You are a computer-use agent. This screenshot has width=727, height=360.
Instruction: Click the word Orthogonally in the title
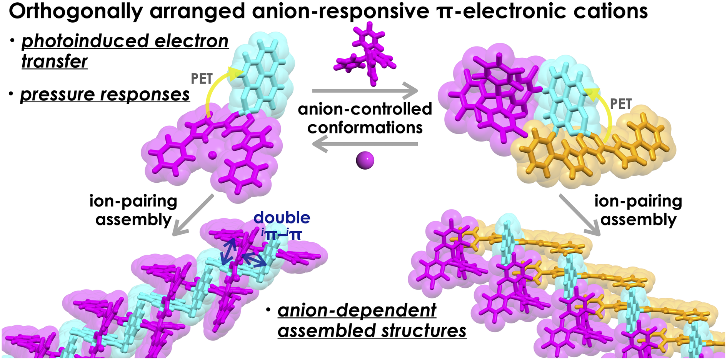pos(76,12)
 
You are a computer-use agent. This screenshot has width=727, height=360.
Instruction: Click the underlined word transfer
pos(54,61)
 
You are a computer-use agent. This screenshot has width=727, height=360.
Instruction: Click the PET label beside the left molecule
pos(202,79)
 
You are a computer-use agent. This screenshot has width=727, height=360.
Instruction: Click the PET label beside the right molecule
pos(621,104)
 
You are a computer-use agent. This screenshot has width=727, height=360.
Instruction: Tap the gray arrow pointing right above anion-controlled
pos(365,91)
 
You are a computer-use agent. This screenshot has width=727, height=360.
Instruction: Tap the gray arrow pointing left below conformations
pos(365,144)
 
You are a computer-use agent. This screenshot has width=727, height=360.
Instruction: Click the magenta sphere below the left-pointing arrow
pos(365,160)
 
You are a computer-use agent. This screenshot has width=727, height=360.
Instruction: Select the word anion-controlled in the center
pos(365,109)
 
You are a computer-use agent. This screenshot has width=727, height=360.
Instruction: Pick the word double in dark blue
pos(282,218)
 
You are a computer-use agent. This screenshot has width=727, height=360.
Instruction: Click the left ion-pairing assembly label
pos(133,210)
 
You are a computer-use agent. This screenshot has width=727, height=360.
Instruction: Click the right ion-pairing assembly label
pos(638,210)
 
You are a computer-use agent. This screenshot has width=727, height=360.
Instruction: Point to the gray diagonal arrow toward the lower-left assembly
pos(193,215)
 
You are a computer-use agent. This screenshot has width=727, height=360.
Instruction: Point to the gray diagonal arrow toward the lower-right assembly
pos(580,215)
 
